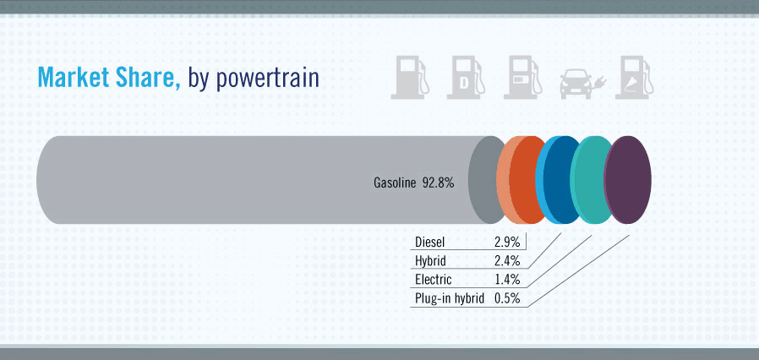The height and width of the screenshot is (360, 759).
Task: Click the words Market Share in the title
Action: pos(109,78)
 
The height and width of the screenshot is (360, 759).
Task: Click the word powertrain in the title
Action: pos(267,79)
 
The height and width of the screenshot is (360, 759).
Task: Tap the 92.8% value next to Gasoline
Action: pos(438,183)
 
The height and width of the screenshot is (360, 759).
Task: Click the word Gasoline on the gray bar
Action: pos(395,183)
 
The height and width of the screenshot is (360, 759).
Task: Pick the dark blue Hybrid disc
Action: pos(562,180)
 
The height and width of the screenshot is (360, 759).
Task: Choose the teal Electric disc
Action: pos(595,180)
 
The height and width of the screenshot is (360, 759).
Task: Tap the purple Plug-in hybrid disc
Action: pos(628,180)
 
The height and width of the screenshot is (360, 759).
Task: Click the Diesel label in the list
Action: pos(430,242)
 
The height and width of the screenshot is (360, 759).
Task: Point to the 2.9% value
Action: pos(507,242)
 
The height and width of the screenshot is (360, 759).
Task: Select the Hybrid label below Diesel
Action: pos(430,261)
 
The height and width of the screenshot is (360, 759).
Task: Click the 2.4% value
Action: pos(507,261)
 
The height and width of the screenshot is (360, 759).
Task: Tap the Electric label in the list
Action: pos(434,280)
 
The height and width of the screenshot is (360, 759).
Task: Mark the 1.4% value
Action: pos(508,280)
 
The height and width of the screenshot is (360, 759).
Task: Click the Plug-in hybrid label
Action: pos(450,299)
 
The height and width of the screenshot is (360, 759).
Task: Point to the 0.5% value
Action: pos(507,298)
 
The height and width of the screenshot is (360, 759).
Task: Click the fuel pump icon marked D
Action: pos(466,78)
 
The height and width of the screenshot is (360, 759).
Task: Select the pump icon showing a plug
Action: pos(634,78)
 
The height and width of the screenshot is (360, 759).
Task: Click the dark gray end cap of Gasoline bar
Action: pos(484,180)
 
